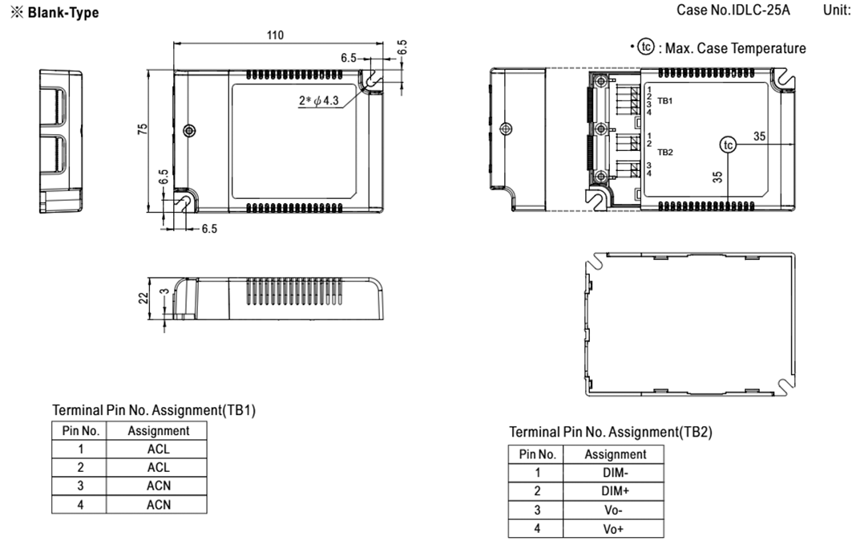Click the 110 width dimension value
coord(275,35)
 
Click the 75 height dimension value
coord(143,129)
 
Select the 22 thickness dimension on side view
coord(143,298)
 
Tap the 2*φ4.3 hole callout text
coord(318,100)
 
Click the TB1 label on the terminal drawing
coord(665,100)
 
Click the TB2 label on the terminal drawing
coord(665,153)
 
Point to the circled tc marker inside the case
coord(728,144)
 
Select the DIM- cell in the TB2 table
coord(613,473)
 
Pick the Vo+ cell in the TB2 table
coord(613,529)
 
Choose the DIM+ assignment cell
coord(613,491)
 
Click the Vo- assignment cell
coord(613,510)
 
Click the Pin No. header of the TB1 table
coord(80,431)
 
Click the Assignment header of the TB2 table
coord(615,455)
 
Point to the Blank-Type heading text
coord(63,13)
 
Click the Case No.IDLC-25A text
coord(733,10)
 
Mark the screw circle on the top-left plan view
coord(189,131)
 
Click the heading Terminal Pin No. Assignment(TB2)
coord(610,432)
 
